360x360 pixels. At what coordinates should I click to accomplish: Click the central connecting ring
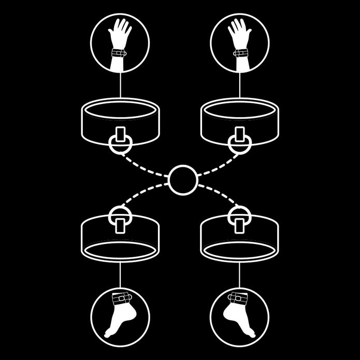coord(182,179)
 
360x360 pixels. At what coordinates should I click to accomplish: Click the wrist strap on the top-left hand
coord(119,52)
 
